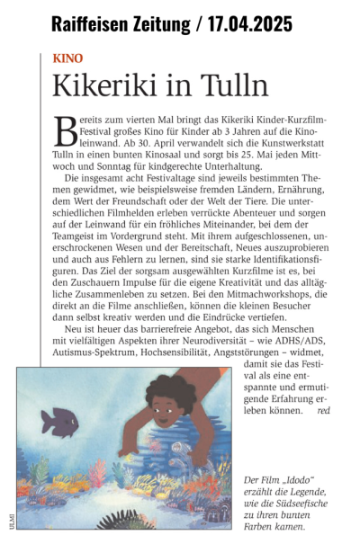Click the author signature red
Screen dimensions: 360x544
[x=323, y=409]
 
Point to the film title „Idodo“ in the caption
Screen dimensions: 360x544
[x=292, y=481]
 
